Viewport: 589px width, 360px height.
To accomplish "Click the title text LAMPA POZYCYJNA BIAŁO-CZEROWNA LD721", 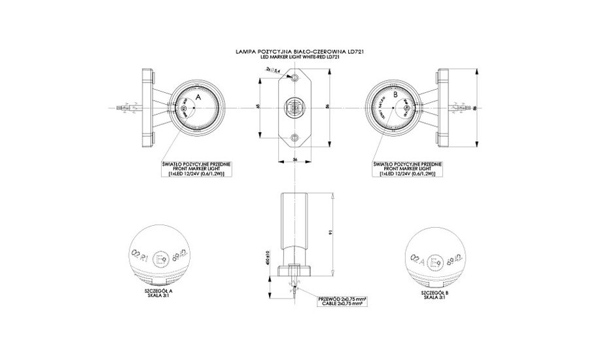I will coord(297,50).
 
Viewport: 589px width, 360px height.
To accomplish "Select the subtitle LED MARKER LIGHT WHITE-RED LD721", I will coord(297,56).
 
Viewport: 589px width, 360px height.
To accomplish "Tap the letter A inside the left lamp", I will coord(198,96).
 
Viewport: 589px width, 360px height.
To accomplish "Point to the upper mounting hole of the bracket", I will coord(295,78).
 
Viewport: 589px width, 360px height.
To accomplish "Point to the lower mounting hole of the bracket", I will coord(295,137).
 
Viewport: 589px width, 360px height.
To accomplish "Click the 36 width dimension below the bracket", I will coord(295,160).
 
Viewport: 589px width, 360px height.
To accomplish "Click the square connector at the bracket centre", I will coord(295,107).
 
